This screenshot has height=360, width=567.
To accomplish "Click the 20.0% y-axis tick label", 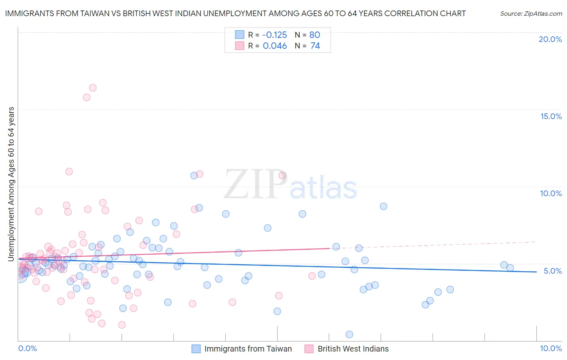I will click(x=550, y=39).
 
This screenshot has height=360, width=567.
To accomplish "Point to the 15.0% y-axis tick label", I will click(x=551, y=116).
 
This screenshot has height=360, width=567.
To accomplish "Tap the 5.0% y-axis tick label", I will click(x=552, y=271).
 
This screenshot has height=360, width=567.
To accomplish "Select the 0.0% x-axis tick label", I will click(x=27, y=348).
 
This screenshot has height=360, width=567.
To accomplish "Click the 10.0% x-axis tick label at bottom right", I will click(x=550, y=348).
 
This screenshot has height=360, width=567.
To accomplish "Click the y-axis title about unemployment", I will click(x=11, y=184).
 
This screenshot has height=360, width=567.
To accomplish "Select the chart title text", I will click(x=235, y=13).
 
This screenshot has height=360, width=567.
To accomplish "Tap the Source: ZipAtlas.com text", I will click(x=531, y=13).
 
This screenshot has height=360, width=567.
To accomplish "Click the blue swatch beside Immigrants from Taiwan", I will click(x=196, y=349).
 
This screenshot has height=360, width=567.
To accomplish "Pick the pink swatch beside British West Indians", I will click(x=309, y=349).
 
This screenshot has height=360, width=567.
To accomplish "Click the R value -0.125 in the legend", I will click(x=274, y=35).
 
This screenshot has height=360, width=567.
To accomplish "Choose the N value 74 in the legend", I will click(x=315, y=46).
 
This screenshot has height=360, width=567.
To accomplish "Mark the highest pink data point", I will click(x=93, y=88).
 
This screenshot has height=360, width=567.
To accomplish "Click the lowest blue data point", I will click(x=349, y=334).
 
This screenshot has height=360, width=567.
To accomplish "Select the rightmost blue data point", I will click(x=510, y=268).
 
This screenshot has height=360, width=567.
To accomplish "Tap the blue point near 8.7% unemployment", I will click(x=384, y=206).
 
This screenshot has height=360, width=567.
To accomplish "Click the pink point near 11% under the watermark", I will click(x=282, y=175).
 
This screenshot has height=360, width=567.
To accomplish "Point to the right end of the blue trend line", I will click(x=536, y=272).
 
